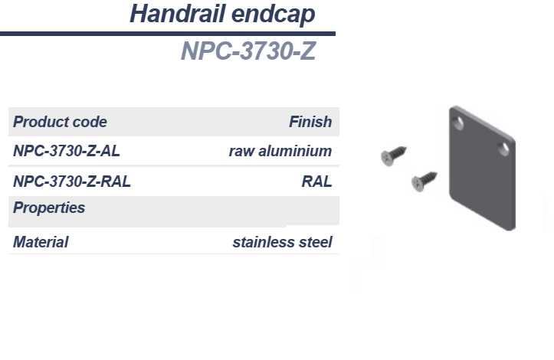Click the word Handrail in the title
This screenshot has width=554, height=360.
pos(178,14)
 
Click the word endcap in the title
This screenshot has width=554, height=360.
pos(273,15)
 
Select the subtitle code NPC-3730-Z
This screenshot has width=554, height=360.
pos(248,51)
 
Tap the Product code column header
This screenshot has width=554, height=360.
pos(60,122)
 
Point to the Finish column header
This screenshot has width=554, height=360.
pos(310,122)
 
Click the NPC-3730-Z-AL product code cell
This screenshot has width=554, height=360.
pos(67,151)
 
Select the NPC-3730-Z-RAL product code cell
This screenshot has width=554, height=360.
pos(72,182)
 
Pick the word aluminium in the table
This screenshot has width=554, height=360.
pos(295,151)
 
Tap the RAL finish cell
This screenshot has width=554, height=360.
pos(317,182)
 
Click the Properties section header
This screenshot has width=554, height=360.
pos(49,208)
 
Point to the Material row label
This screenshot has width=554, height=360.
pos(41,242)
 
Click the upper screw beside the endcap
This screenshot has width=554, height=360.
pos(394,155)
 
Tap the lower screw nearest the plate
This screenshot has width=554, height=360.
pos(425,182)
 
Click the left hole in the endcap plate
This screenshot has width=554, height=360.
pos(458,123)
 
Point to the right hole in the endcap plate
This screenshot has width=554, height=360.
pos(503,149)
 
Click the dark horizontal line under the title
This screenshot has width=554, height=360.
pos(168,34)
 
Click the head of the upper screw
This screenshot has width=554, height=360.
pos(387,158)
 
